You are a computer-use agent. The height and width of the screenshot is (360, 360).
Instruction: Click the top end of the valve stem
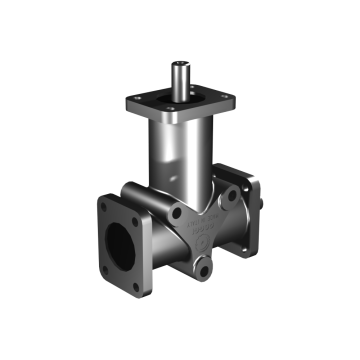178,66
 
